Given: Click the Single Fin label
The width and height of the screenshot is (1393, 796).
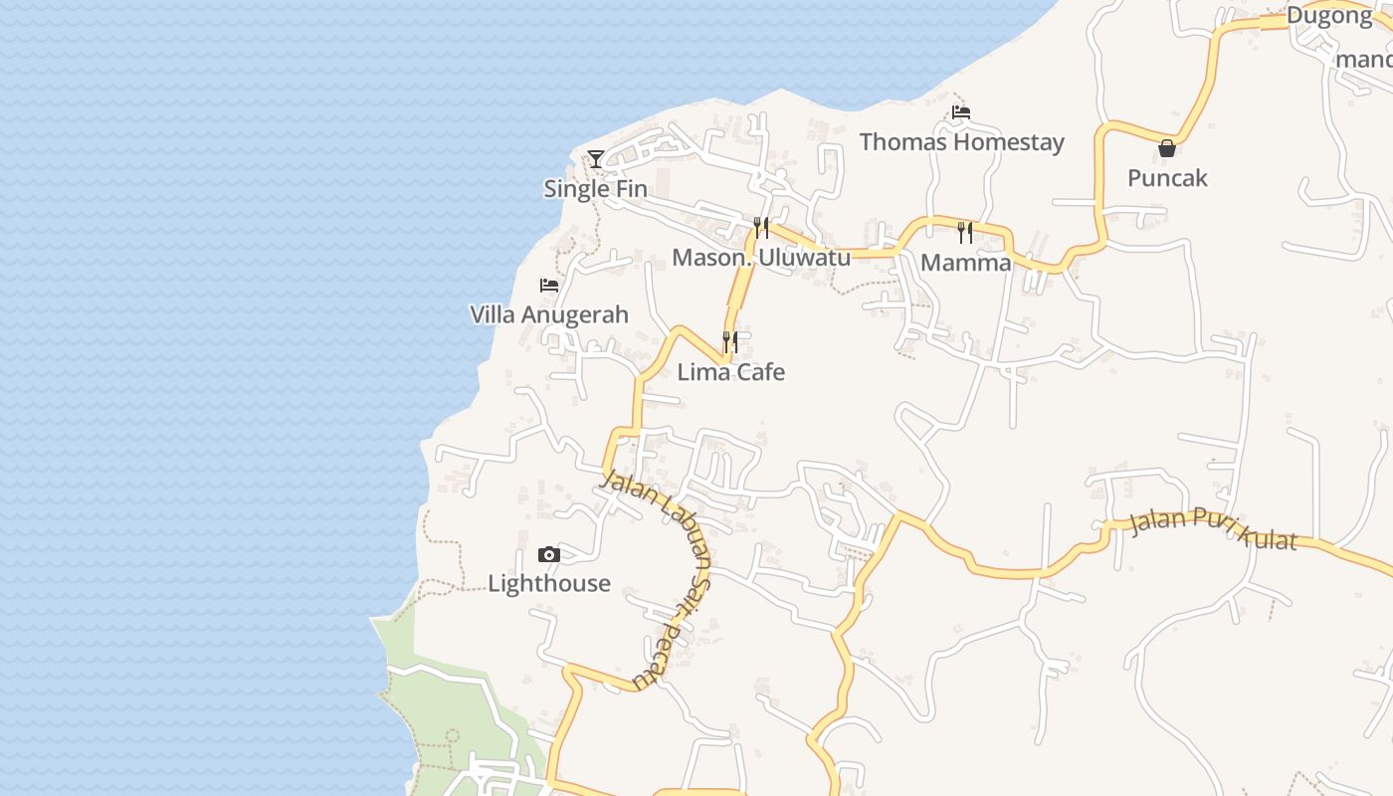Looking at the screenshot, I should coord(595,189).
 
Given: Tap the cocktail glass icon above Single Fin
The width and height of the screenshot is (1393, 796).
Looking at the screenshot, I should coord(595,158).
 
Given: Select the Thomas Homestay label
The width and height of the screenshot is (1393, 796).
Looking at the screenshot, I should coord(961,142).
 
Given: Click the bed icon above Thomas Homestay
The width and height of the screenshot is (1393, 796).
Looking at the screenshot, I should coord(960,112).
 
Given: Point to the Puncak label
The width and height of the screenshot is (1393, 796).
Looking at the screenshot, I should coord(1167,178).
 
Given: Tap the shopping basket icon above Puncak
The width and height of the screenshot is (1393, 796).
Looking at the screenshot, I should coord(1166,149).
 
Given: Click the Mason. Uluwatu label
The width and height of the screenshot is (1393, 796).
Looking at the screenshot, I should coord(761,258).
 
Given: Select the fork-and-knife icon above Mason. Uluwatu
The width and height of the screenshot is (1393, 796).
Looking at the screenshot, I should coord(761,228).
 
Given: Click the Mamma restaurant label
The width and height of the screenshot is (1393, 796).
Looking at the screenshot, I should coord(965,263).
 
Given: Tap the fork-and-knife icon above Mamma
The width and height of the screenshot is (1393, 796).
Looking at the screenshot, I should coord(964,233).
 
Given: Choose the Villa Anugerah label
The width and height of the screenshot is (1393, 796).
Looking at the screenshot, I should coord(549,315).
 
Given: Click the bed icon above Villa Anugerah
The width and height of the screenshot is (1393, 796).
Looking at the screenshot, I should coord(548,286).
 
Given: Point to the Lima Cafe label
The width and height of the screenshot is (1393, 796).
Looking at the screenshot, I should coord(731,372).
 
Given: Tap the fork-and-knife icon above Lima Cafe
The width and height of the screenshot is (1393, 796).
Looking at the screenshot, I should coord(730,342).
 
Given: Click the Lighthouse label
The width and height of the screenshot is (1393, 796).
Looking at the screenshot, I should coord(549,583).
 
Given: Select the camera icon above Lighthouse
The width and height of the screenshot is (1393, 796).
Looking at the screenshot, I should coord(548,554).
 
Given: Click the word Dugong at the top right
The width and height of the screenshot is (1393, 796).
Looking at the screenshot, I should coord(1328,15).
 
